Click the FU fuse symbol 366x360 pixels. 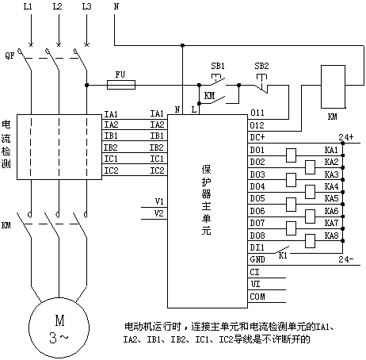click(121, 85)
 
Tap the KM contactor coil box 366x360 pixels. click(333, 86)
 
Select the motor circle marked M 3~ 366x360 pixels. click(59, 327)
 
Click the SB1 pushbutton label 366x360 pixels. click(218, 66)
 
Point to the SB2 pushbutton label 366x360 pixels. click(261, 66)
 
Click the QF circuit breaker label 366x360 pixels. click(10, 56)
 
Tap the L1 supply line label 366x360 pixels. click(28, 6)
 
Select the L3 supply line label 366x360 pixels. click(86, 6)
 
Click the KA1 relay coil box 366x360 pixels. click(292, 155)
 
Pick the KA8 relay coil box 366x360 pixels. click(310, 241)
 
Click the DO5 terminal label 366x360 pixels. click(257, 198)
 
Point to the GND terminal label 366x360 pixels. click(257, 259)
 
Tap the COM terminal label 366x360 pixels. click(257, 297)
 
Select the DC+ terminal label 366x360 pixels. click(257, 137)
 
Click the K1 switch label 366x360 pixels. click(283, 255)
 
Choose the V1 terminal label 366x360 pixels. click(159, 201)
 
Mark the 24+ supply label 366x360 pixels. click(346, 137)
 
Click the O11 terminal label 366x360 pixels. click(257, 113)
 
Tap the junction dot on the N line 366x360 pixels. click(182, 45)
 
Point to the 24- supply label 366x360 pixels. click(346, 259)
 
